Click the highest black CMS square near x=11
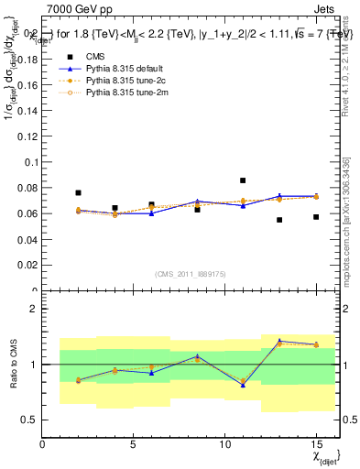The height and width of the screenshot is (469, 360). (x=243, y=180)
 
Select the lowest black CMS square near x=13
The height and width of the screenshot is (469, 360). (x=279, y=220)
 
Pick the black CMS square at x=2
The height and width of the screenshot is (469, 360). (x=79, y=193)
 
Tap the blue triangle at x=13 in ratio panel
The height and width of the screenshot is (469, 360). (x=279, y=342)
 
